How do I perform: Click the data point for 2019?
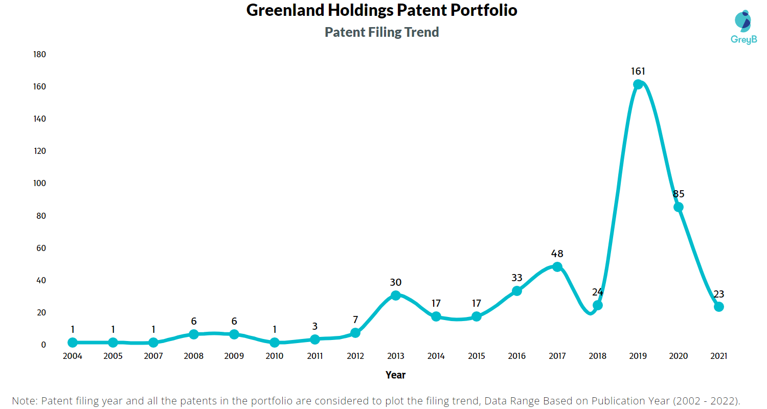tap(638, 84)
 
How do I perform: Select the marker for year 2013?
tap(395, 296)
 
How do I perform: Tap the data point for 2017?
tap(557, 267)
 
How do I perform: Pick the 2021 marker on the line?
tap(718, 307)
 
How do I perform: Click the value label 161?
tap(638, 71)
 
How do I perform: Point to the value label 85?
tap(679, 194)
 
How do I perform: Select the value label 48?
tap(557, 254)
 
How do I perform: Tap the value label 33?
tap(516, 278)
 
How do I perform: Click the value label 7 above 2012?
tap(355, 320)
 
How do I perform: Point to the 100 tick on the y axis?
tap(39, 183)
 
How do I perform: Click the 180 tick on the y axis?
tap(39, 54)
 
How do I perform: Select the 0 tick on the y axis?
tap(43, 345)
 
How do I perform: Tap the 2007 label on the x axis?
tap(153, 356)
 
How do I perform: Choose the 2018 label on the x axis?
tap(597, 356)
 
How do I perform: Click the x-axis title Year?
tap(395, 375)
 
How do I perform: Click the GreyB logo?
tap(743, 28)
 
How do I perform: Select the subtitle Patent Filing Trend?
tap(382, 32)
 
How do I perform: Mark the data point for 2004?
tap(72, 343)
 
